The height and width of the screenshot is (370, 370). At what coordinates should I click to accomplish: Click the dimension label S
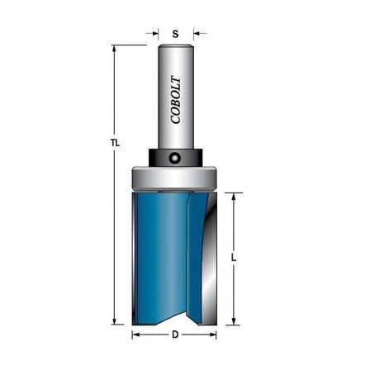[175, 34]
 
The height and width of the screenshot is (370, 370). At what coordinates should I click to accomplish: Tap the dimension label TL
[116, 143]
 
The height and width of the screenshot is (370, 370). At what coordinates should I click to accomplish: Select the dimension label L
[234, 258]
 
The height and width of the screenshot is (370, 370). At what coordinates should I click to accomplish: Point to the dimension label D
[175, 334]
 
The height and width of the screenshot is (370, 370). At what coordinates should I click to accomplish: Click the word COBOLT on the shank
[176, 100]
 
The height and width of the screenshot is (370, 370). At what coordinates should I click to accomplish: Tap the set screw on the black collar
[174, 158]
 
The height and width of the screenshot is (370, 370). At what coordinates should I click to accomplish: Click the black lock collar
[176, 158]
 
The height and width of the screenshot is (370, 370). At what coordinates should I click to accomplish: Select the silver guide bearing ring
[173, 178]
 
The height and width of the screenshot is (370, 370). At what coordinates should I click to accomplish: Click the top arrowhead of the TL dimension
[114, 49]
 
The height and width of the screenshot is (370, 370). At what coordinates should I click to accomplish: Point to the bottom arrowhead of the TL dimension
[114, 321]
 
